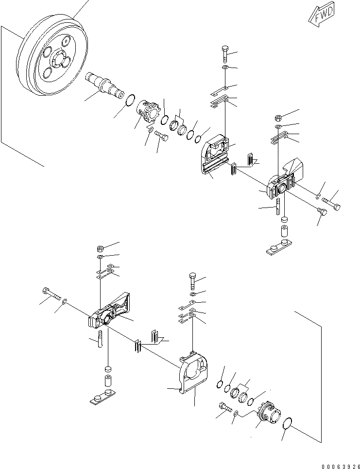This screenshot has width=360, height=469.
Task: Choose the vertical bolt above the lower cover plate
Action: (191, 280)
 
